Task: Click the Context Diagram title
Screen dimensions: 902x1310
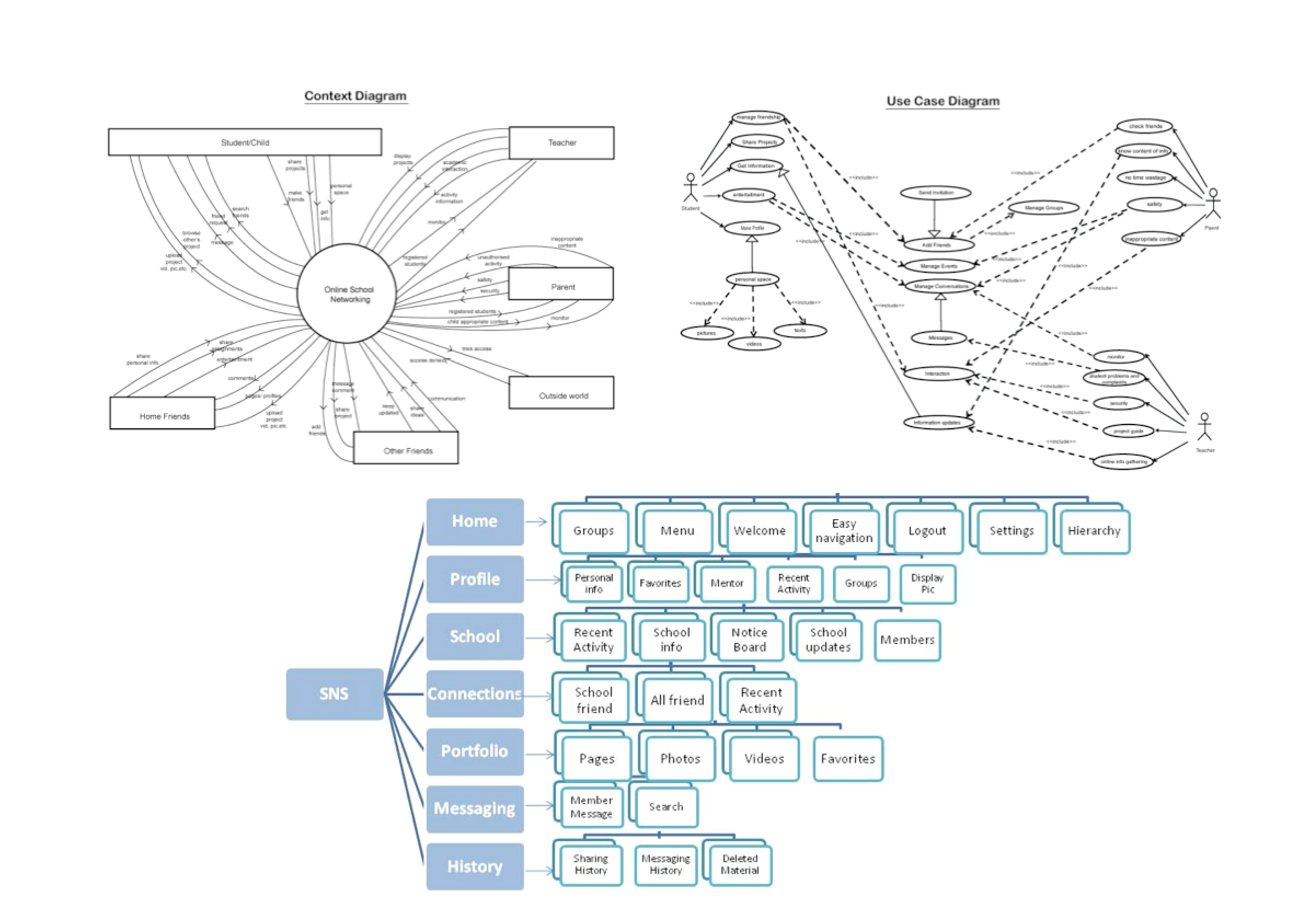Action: [x=355, y=96]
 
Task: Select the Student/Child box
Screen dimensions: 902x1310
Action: [x=245, y=142]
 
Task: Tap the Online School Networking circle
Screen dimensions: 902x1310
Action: [x=347, y=294]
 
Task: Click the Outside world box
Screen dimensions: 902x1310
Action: [x=561, y=393]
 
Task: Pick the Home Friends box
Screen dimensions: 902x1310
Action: [x=163, y=414]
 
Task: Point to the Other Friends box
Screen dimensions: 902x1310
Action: [x=406, y=449]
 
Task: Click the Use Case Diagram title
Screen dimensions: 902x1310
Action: [x=942, y=101]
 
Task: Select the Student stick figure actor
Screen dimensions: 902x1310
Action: [x=690, y=189]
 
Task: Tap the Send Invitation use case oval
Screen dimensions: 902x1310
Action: [x=935, y=193]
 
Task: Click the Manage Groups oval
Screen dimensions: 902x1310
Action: [x=1043, y=208]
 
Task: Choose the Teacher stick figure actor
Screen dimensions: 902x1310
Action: [x=1204, y=427]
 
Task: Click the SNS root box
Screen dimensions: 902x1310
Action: [x=335, y=694]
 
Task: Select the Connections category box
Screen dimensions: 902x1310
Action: [x=475, y=694]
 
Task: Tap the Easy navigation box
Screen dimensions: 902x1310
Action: [x=844, y=531]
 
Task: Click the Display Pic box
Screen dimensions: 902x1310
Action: [x=927, y=584]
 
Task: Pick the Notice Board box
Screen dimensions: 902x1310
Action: [x=750, y=640]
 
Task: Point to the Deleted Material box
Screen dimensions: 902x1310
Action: [x=740, y=865]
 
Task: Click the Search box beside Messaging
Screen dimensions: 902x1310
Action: [x=667, y=807]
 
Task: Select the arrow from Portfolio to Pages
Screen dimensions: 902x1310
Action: [x=539, y=755]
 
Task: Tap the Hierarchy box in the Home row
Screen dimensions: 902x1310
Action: [x=1094, y=531]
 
